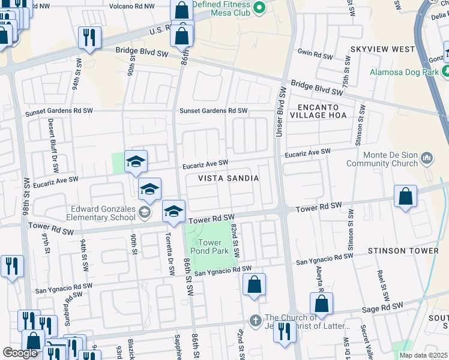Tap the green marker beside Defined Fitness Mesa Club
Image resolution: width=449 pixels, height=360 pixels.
pyautogui.click(x=259, y=8)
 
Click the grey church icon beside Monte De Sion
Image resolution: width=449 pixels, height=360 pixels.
pyautogui.click(x=427, y=158)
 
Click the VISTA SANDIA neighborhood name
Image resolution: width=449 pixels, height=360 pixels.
pyautogui.click(x=229, y=178)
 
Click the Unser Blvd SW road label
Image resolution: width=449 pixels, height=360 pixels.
pyautogui.click(x=280, y=112)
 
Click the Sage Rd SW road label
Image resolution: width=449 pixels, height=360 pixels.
pyautogui.click(x=381, y=310)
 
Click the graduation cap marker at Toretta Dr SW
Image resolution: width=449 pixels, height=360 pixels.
pyautogui.click(x=173, y=211)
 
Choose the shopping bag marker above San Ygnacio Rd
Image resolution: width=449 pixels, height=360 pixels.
pyautogui.click(x=255, y=285)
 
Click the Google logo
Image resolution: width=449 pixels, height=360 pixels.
pyautogui.click(x=20, y=353)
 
